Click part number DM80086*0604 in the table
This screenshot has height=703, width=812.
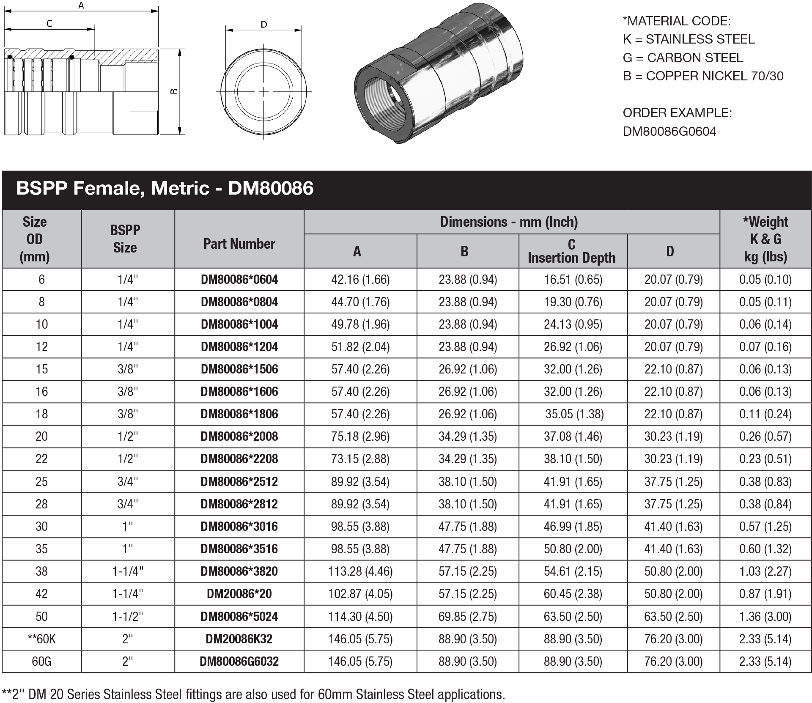click(239, 280)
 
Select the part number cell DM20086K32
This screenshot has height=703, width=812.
click(239, 639)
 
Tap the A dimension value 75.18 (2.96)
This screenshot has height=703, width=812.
click(360, 437)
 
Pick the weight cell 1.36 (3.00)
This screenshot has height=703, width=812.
click(765, 616)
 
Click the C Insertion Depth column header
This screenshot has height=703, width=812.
click(571, 251)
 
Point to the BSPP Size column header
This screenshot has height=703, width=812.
click(125, 239)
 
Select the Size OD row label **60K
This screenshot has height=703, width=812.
click(41, 639)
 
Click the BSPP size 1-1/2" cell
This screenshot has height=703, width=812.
click(128, 616)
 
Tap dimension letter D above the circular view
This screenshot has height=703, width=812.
click(264, 25)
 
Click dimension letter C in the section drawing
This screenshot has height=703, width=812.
click(49, 24)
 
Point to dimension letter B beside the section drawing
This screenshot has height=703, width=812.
click(174, 91)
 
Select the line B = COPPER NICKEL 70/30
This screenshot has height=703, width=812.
click(703, 76)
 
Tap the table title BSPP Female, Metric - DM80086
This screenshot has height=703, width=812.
click(165, 188)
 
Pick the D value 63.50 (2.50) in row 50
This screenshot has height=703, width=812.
click(673, 616)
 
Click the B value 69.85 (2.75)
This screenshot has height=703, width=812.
click(467, 616)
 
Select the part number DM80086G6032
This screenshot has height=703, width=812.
click(239, 661)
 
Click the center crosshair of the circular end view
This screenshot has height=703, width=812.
click(263, 91)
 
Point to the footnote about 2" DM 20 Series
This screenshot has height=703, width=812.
click(254, 694)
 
